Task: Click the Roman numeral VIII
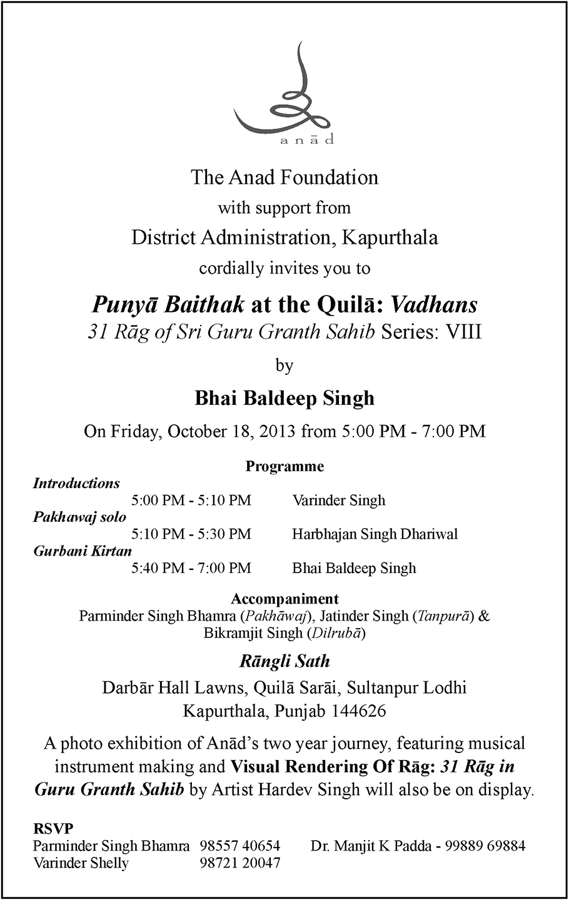pos(463,332)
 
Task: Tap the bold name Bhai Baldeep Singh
pos(284,397)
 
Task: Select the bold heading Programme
pos(284,466)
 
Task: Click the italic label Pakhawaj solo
pos(79,517)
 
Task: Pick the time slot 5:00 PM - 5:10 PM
pos(191,500)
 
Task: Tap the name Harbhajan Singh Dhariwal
pos(375,534)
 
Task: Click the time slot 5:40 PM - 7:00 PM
pos(191,568)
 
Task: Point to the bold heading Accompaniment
pos(284,599)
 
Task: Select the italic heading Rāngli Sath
pos(284,661)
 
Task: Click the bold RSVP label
pos(53,829)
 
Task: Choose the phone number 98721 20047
pos(240,863)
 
